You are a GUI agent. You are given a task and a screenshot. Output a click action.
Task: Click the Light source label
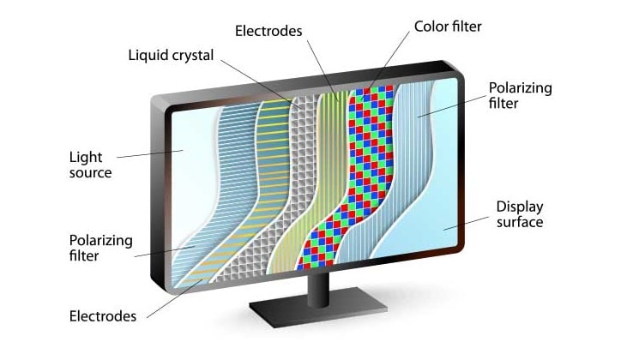(90, 165)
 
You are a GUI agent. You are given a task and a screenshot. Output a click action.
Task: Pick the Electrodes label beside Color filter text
(268, 31)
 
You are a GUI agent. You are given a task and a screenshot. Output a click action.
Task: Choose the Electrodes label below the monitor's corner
(102, 316)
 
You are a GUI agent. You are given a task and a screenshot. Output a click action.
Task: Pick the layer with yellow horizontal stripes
(273, 146)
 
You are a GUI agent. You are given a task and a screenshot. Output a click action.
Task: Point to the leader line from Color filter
(390, 60)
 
